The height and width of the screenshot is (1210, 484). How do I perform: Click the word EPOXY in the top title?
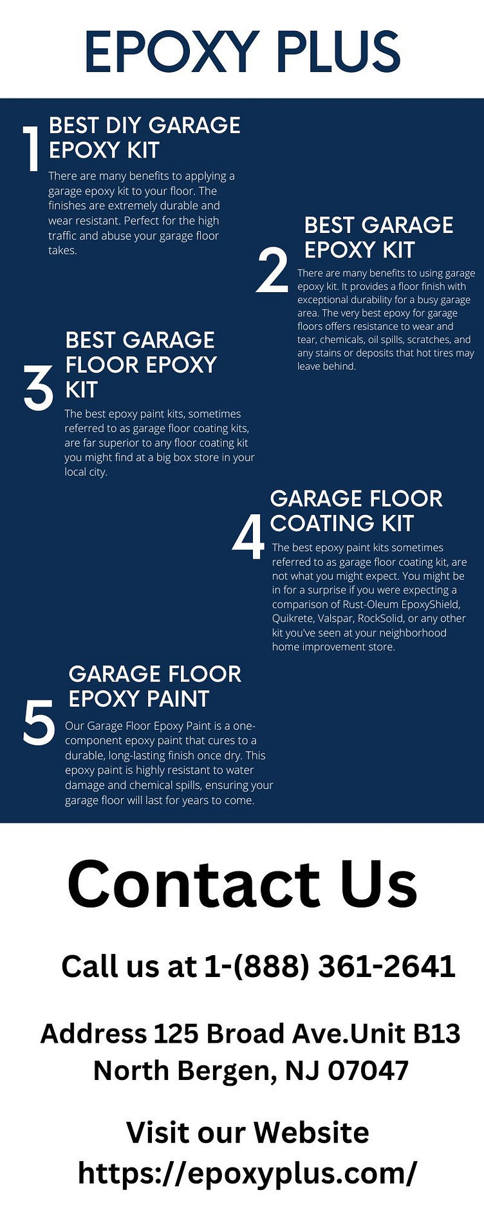(x=171, y=51)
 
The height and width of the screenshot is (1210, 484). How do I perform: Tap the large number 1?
(x=31, y=149)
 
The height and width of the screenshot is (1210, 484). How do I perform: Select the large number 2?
(x=272, y=270)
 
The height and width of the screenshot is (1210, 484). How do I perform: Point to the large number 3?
(x=39, y=388)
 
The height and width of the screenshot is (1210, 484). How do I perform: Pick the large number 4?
(x=248, y=536)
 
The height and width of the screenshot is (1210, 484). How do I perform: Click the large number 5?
(x=39, y=722)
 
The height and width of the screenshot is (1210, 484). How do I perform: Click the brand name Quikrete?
(x=293, y=619)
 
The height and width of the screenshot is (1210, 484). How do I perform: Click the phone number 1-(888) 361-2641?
(x=330, y=966)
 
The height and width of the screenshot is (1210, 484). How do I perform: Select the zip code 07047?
(x=368, y=1070)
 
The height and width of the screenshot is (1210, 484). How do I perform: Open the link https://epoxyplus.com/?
(x=248, y=1173)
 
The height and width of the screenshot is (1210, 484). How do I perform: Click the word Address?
(x=93, y=1034)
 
